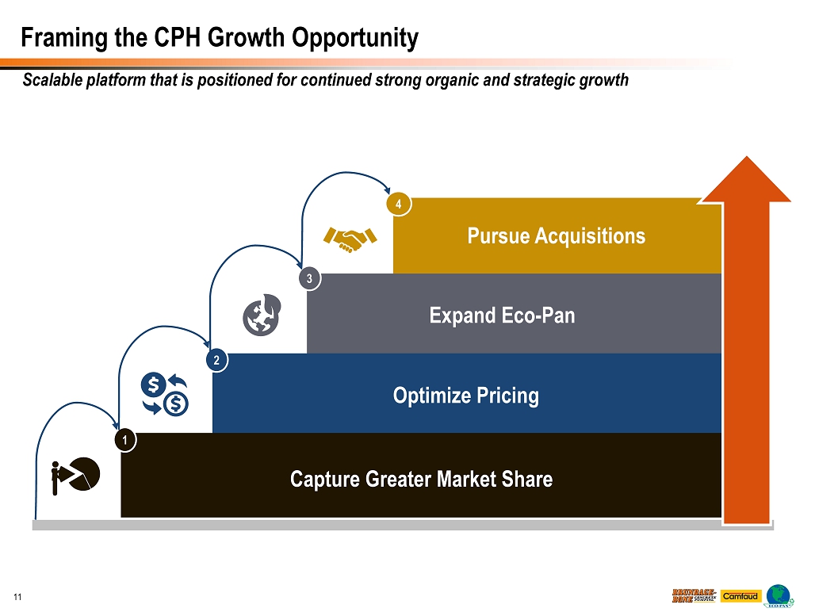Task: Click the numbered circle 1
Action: click(x=125, y=438)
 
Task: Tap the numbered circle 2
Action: click(x=216, y=361)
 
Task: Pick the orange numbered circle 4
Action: click(x=399, y=205)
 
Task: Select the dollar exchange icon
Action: click(x=164, y=394)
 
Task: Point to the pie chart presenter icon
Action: click(x=75, y=474)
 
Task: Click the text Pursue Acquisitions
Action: click(x=556, y=235)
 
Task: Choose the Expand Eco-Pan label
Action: click(x=502, y=316)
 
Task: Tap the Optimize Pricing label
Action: click(x=466, y=395)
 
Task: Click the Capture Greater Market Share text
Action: click(x=421, y=479)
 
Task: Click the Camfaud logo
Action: click(x=740, y=595)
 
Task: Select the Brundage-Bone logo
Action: click(x=694, y=595)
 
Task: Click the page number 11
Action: click(x=16, y=595)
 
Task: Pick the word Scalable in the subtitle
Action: click(x=52, y=80)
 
